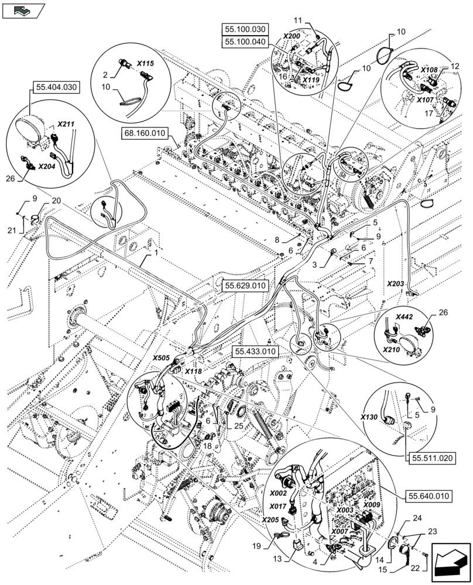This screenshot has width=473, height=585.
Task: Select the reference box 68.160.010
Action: coord(144,133)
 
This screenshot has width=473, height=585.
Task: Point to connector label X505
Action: coord(162,357)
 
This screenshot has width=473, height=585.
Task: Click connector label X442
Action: coord(404,316)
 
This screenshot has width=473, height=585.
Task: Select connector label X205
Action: coord(271,519)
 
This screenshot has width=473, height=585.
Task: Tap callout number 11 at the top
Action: coord(298,20)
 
